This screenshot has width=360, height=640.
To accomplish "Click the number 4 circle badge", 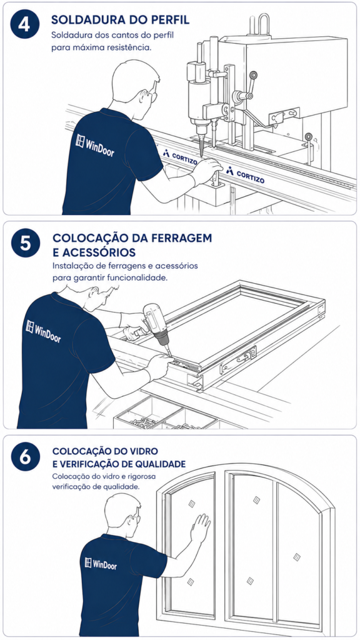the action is (x=24, y=24).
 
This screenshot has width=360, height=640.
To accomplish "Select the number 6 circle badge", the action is (x=25, y=457).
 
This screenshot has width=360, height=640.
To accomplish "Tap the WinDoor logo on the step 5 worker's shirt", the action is (x=43, y=331).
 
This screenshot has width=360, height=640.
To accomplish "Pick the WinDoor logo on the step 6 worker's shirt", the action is (x=101, y=564).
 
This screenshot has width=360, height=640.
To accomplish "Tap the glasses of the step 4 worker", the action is (x=152, y=95).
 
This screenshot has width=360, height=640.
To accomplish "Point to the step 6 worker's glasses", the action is (x=136, y=518).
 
